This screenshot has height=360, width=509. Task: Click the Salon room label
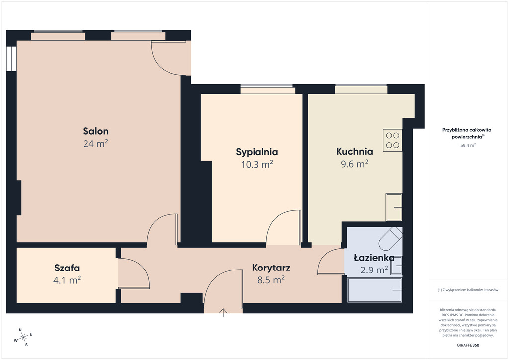(x=96, y=131)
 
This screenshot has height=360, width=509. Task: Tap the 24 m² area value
(x=96, y=144)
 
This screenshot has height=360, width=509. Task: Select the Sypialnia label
(x=257, y=152)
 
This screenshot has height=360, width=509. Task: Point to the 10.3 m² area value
(x=257, y=164)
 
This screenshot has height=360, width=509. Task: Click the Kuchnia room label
(x=354, y=151)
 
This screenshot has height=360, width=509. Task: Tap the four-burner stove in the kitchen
(x=393, y=140)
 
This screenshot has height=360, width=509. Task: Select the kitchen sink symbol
(x=394, y=207)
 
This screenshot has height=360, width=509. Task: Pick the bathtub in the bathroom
(x=375, y=290)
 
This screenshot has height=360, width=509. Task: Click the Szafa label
(x=67, y=268)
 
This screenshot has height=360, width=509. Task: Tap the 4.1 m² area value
(x=67, y=280)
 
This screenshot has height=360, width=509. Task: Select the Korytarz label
(x=271, y=268)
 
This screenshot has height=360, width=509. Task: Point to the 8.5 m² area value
(x=271, y=280)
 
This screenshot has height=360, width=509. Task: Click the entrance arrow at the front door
(x=223, y=313)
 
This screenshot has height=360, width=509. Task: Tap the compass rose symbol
(x=23, y=338)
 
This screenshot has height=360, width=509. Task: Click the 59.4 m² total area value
(x=468, y=145)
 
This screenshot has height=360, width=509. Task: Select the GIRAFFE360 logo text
(x=468, y=345)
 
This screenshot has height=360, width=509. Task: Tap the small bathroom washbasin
(x=396, y=266)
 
